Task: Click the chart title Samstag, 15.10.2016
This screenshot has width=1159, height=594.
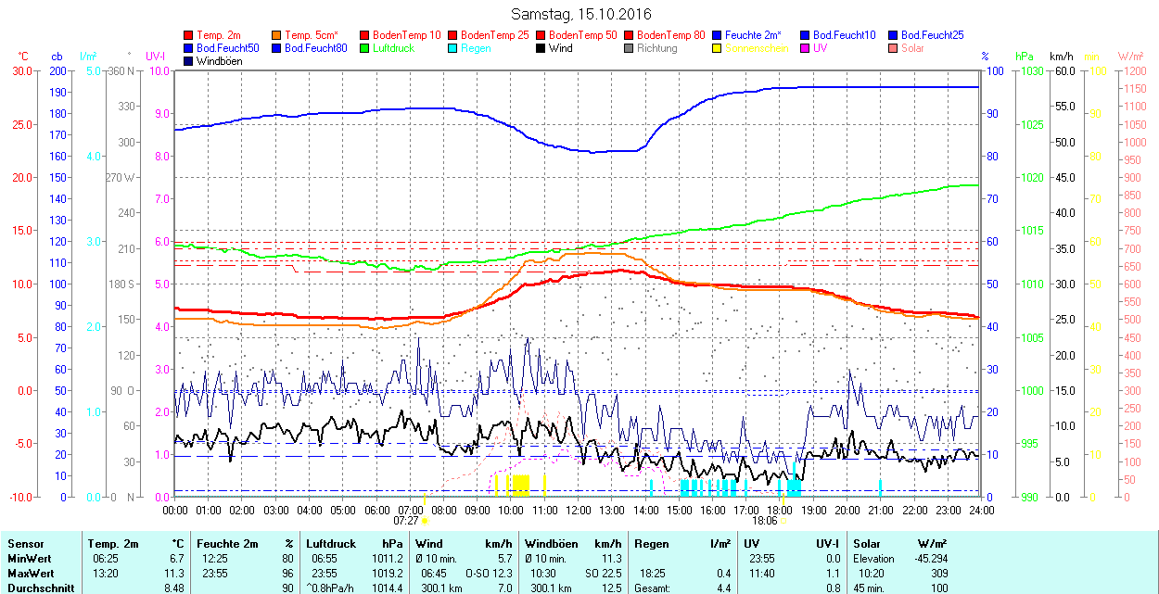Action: pos(581,14)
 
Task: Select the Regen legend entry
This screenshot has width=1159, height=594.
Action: pos(476,48)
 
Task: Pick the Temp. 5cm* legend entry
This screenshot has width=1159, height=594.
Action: pos(311,35)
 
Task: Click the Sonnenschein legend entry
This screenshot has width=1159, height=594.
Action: pos(757,48)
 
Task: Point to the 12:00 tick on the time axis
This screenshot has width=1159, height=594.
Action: pos(579,510)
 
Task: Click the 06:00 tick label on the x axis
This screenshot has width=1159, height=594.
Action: pos(377,510)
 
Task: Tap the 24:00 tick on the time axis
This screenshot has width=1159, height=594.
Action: pos(981,510)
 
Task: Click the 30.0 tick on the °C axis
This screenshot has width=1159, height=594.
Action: pos(20,70)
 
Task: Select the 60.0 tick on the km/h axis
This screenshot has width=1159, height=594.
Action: pos(1063,70)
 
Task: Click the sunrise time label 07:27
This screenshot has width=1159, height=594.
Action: pos(406,521)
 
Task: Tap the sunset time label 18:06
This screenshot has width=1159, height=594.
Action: pos(764,521)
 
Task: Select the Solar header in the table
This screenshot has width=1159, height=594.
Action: pos(867,544)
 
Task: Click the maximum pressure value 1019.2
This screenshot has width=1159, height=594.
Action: pos(388,574)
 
